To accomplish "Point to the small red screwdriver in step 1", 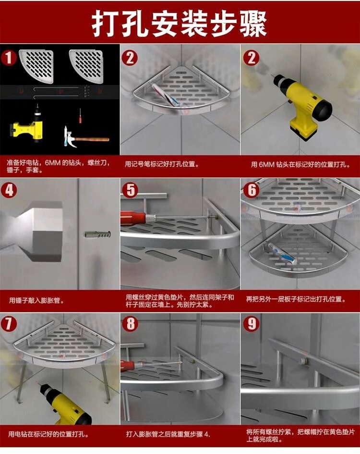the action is tap(80, 115).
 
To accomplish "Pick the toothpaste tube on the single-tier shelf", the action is tap(165, 94).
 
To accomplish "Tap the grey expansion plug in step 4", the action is tap(98, 234).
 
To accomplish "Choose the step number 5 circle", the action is tap(131, 190).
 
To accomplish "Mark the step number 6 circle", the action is tap(252, 190).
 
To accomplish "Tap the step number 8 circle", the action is tap(131, 323).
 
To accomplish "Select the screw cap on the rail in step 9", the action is tap(303, 361).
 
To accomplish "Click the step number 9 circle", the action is tap(252, 323).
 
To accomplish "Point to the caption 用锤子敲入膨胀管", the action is tap(37, 300).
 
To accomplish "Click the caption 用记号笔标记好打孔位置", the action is tap(162, 164).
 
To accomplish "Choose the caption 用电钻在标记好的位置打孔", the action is tap(48, 434).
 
